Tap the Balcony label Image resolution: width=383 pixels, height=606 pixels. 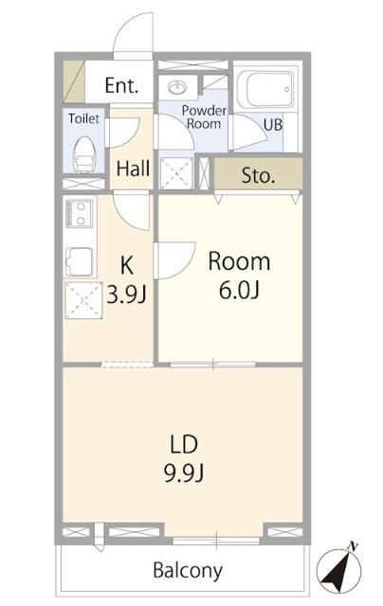coord(188,571)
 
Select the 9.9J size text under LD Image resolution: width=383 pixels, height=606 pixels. coord(184,473)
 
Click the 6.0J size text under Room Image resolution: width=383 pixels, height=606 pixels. coord(239,290)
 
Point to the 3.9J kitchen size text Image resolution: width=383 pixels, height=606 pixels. coord(126,294)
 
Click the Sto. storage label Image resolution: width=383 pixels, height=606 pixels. coord(258,176)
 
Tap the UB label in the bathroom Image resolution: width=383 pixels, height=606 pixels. coord(273,124)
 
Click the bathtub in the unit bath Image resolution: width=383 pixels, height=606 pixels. coord(265,89)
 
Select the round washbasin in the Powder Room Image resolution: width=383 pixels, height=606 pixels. coord(177,86)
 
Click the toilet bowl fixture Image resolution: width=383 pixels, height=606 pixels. coord(84,154)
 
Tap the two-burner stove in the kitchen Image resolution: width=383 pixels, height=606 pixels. coord(79,214)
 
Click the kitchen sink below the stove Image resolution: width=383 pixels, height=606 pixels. coord(80,262)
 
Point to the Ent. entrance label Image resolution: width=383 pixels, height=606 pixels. coord(121,85)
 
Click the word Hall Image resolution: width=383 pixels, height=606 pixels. coord(133,169)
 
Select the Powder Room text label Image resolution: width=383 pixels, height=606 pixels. coord(204,117)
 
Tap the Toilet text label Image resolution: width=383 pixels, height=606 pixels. coord(84,118)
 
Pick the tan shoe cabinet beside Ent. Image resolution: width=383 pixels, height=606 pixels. coord(74,81)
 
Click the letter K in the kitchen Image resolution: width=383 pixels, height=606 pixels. coord(127,265)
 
